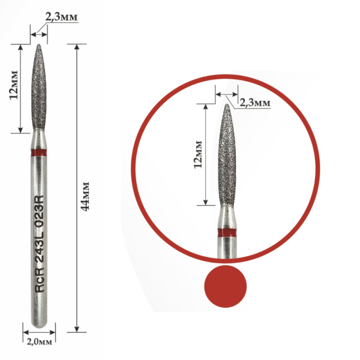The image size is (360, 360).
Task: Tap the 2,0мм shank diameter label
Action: (x=39, y=342)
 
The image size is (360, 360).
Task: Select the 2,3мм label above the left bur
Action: (x=61, y=17)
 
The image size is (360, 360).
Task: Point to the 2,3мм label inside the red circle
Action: (x=255, y=103)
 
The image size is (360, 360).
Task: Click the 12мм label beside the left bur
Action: (x=14, y=85)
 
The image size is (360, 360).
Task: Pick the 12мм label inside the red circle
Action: (x=198, y=155)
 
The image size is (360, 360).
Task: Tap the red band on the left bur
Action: (x=39, y=152)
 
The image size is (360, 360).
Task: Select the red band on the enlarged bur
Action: (x=227, y=233)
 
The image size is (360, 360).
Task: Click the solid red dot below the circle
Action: (x=226, y=286)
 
